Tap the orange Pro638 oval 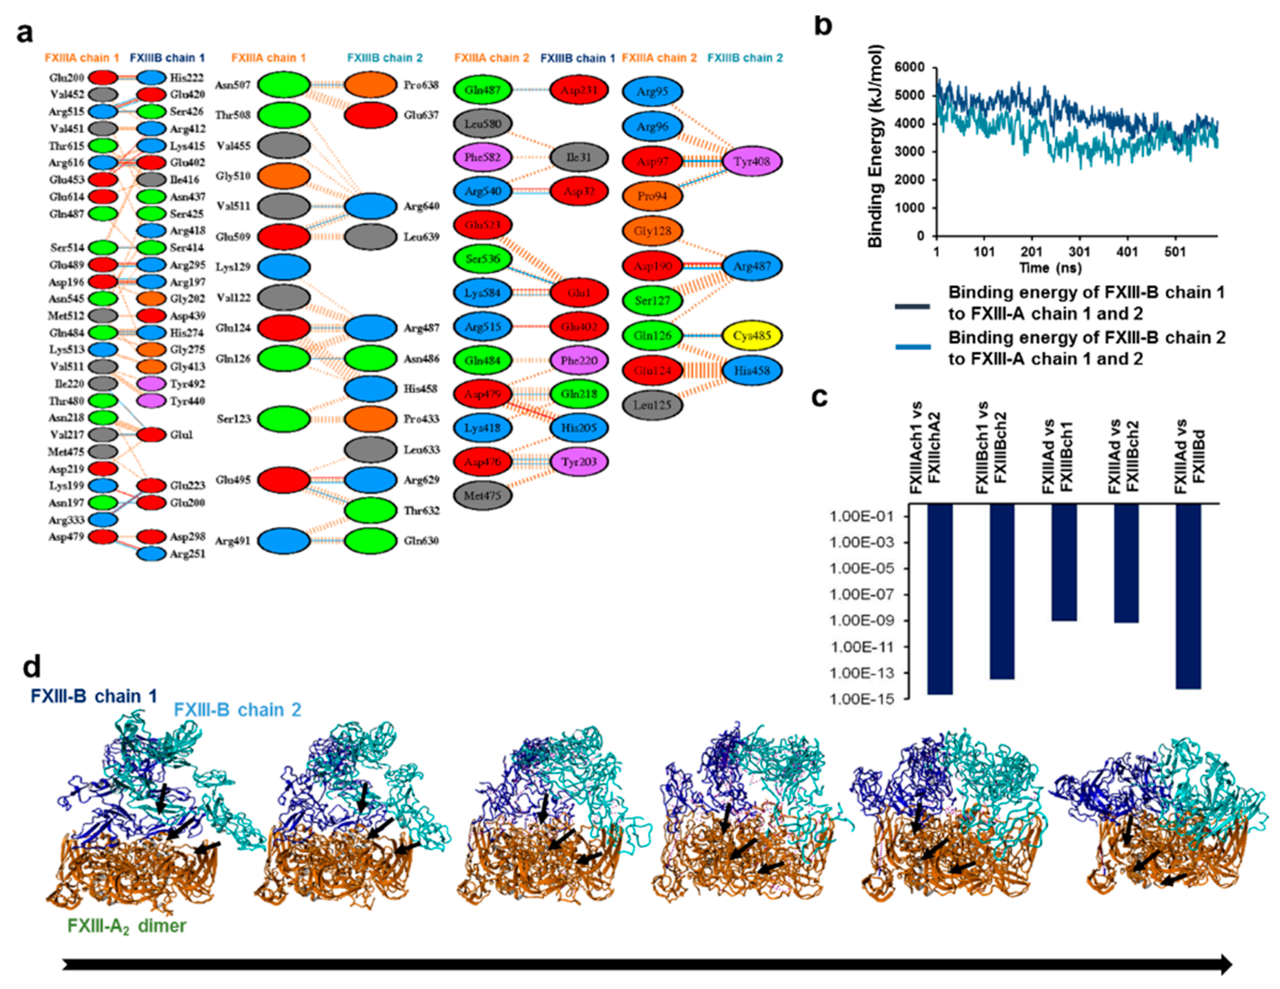click(370, 85)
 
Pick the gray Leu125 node click(652, 405)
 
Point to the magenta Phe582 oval click(483, 157)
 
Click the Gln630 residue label click(421, 541)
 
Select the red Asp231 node click(578, 90)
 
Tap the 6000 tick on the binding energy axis click(909, 68)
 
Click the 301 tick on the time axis click(1079, 252)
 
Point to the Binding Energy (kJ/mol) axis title click(875, 147)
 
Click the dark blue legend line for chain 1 click(913, 306)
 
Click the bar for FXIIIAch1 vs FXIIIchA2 click(939, 599)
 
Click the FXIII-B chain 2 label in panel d click(237, 710)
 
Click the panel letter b click(823, 26)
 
